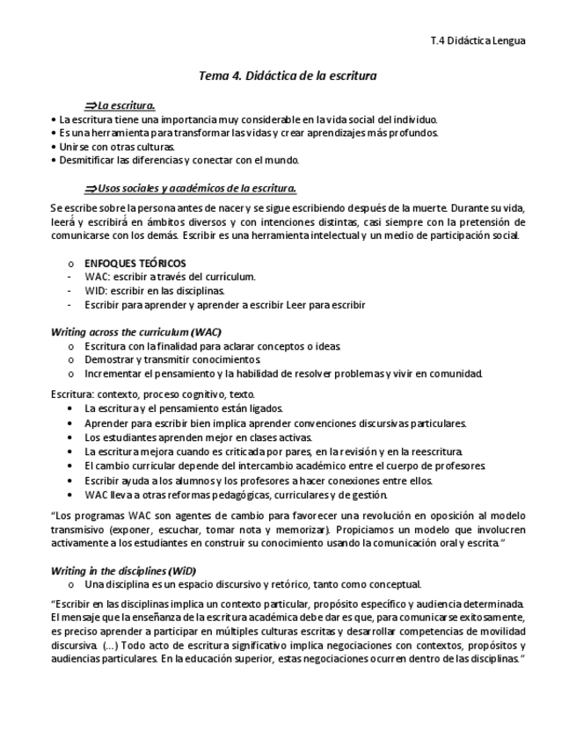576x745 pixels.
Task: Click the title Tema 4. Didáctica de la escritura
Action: click(288, 76)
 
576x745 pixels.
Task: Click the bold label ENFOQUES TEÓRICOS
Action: click(135, 264)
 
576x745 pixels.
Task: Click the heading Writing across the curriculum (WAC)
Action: click(136, 332)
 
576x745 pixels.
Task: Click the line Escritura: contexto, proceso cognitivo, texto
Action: click(153, 394)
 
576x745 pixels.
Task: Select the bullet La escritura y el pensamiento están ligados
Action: click(184, 409)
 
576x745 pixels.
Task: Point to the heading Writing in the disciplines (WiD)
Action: click(124, 569)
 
